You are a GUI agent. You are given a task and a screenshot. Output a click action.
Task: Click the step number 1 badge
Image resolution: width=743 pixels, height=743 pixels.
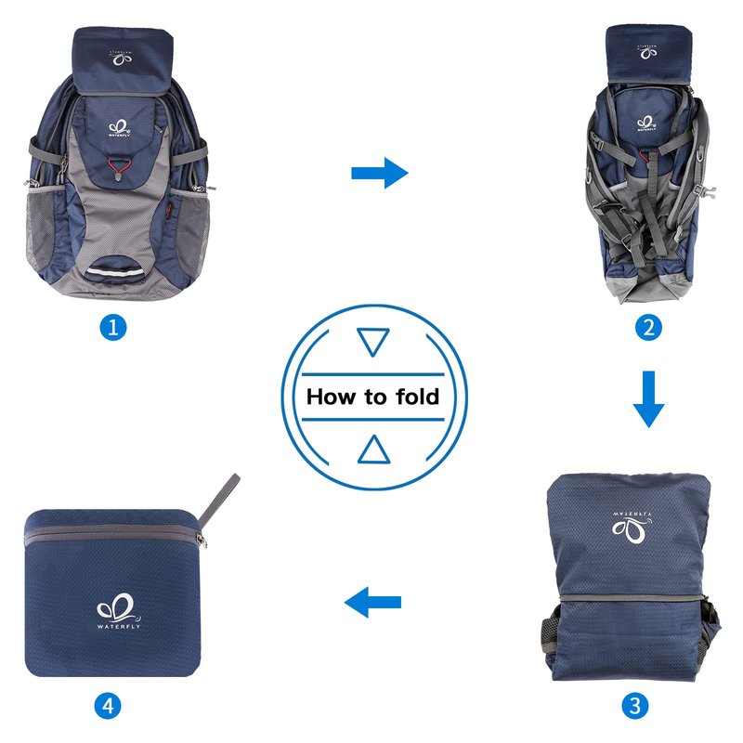pos(113,327)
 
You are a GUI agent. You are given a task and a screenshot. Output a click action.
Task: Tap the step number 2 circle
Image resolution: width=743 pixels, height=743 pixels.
pos(648,327)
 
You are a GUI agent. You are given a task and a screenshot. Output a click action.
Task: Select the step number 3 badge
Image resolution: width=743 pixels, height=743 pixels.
pos(635,706)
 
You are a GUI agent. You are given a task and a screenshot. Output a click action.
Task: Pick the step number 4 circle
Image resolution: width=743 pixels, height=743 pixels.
pos(108,706)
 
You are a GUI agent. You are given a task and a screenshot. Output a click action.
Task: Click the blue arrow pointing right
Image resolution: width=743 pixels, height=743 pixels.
pos(380,173)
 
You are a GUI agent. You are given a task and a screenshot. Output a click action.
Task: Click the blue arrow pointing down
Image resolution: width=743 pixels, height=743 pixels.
pos(648,399)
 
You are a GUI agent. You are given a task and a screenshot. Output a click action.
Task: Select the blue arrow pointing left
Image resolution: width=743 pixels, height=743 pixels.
pos(373,602)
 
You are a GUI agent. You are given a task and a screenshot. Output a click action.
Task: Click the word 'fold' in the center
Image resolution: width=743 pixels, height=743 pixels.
pos(418,397)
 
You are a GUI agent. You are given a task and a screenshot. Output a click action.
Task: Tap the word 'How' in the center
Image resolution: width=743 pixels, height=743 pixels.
pos(331,397)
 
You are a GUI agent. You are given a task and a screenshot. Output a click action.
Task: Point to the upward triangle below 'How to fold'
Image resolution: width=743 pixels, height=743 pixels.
pos(374,449)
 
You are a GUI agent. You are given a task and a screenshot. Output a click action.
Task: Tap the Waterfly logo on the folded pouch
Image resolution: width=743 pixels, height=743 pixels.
pos(119,611)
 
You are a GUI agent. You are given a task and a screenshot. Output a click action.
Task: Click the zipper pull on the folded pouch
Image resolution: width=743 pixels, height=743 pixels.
pos(202,541)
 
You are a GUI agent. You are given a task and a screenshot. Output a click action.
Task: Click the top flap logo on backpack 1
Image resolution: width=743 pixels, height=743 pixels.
pos(122,58)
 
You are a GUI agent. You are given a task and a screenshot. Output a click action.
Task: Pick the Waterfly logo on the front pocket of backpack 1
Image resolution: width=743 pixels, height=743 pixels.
pos(119,128)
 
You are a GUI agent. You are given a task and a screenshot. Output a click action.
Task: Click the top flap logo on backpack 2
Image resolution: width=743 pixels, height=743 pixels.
pos(647,53)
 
